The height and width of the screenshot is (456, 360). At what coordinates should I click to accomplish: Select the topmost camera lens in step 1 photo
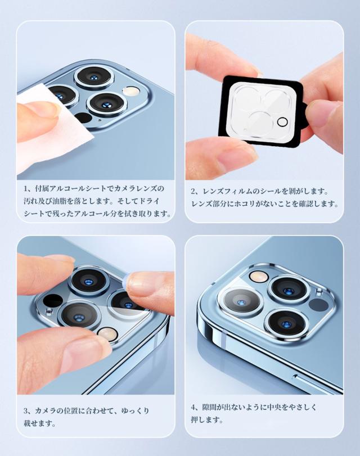click(x=93, y=76)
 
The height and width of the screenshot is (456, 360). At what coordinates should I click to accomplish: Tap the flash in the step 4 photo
click(x=258, y=276)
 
